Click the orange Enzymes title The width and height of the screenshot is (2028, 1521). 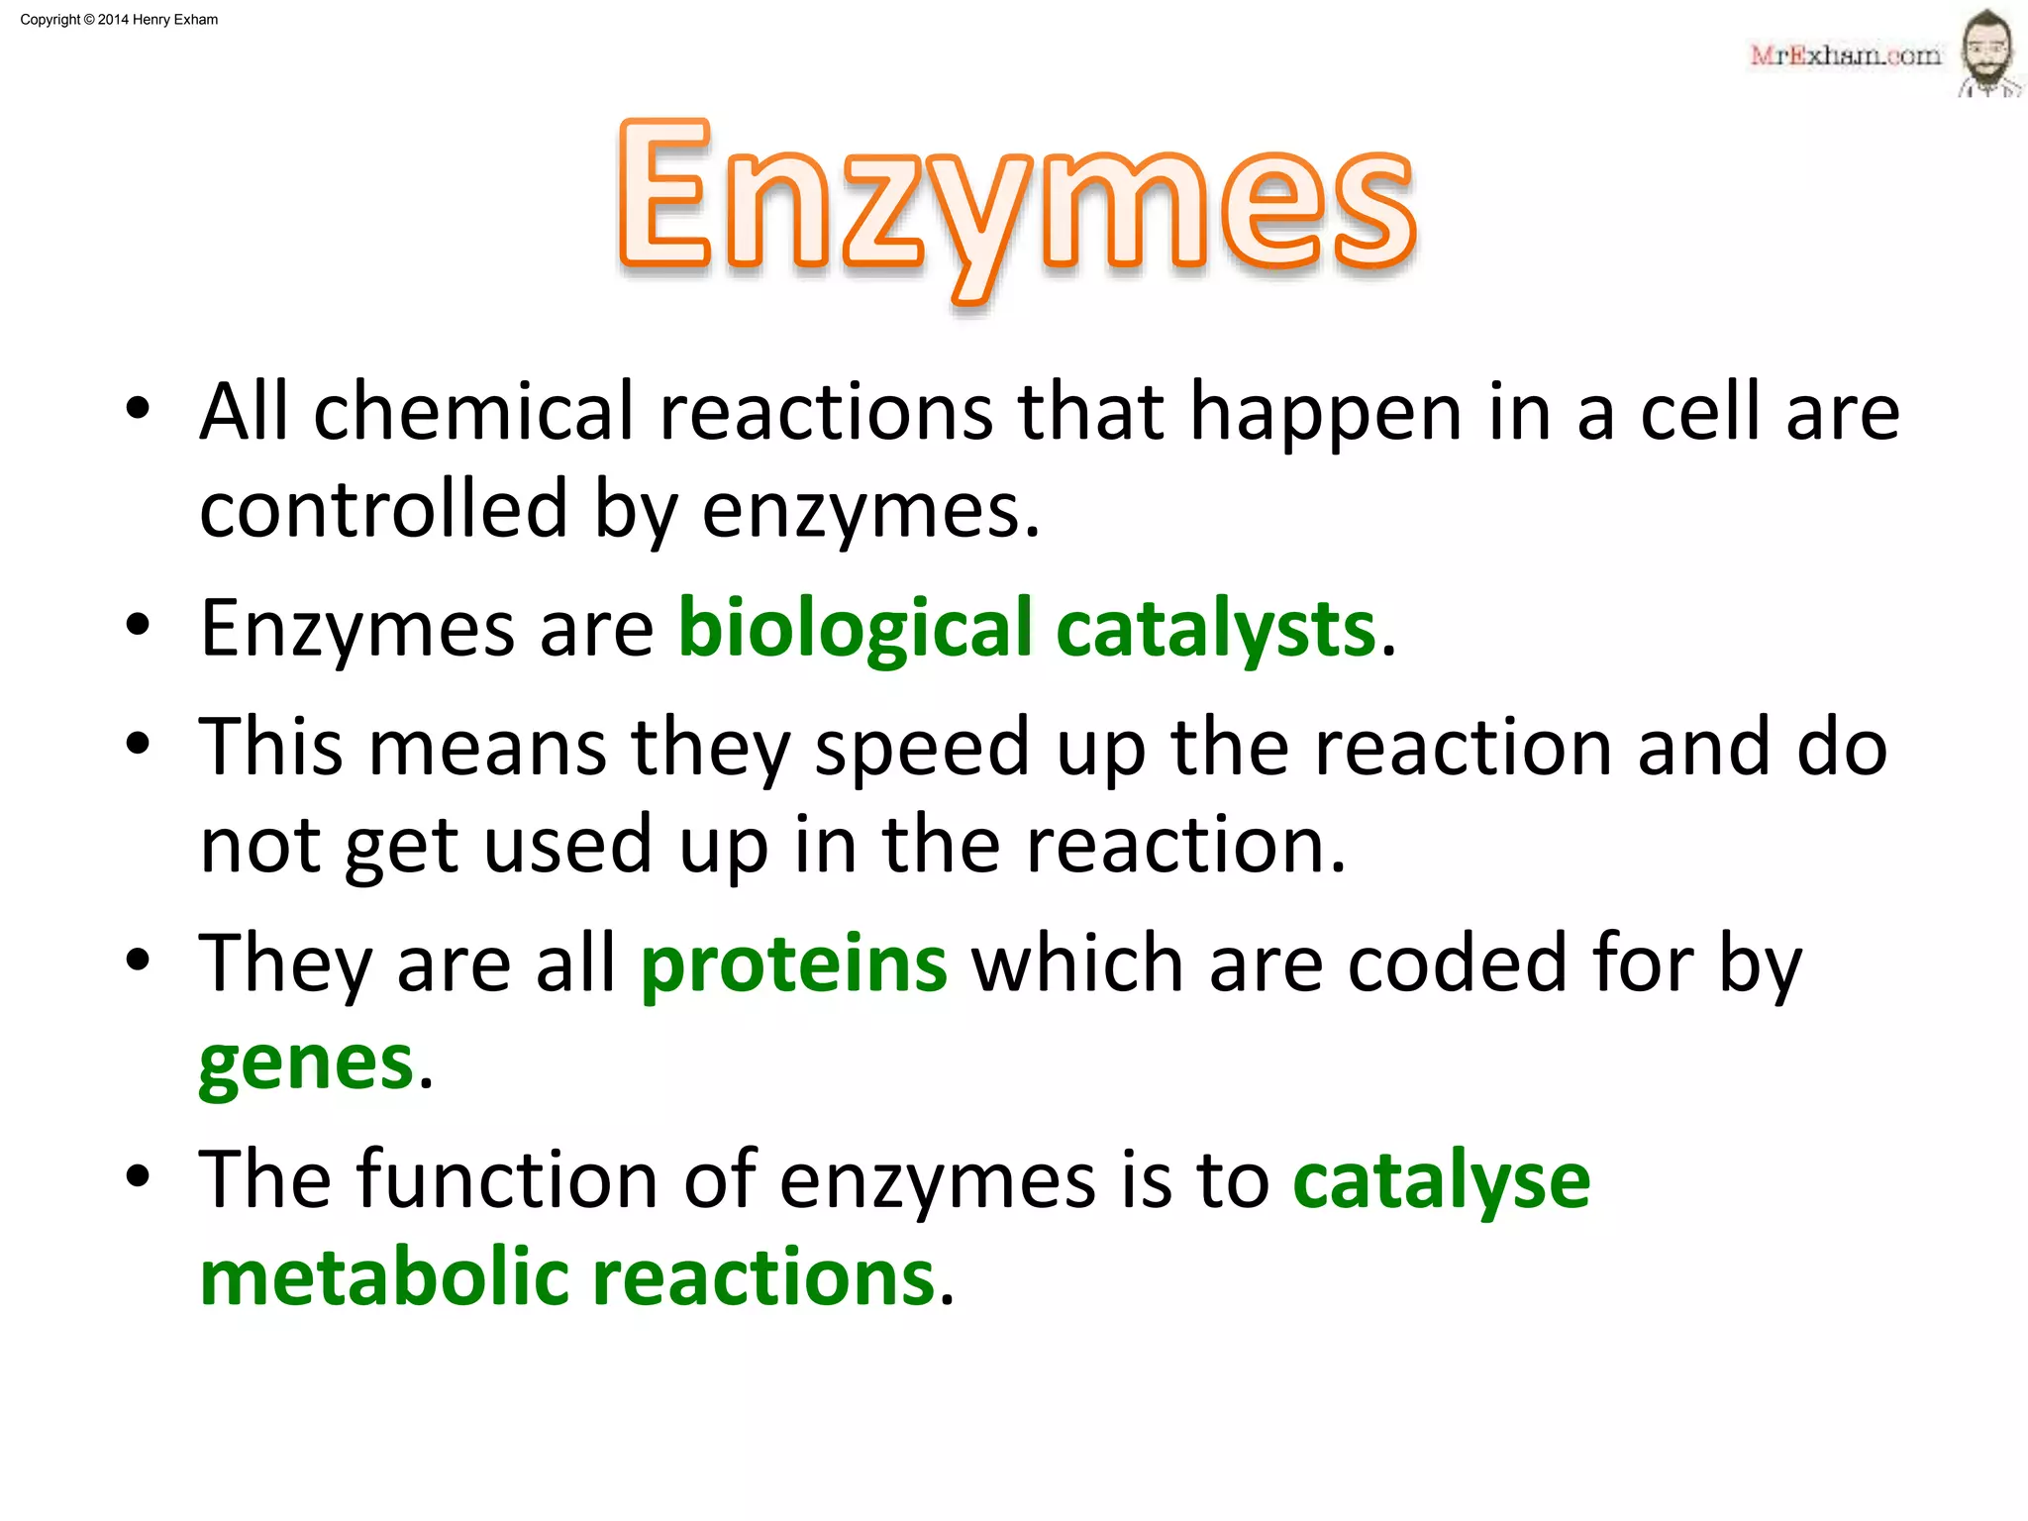coord(1016,203)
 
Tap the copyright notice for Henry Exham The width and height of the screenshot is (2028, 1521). coord(119,20)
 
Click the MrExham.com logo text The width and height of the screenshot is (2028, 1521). coord(1845,55)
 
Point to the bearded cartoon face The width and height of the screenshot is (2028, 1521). coord(1987,51)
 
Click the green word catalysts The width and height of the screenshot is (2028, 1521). coord(1216,629)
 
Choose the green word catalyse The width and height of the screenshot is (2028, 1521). coord(1441,1180)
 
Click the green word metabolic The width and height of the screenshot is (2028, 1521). coord(384,1277)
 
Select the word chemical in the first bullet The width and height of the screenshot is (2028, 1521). coord(473,412)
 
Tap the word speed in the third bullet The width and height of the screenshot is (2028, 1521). coord(922,749)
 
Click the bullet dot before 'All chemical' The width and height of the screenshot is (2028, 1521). coord(138,409)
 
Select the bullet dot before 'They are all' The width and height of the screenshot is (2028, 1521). coord(138,961)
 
